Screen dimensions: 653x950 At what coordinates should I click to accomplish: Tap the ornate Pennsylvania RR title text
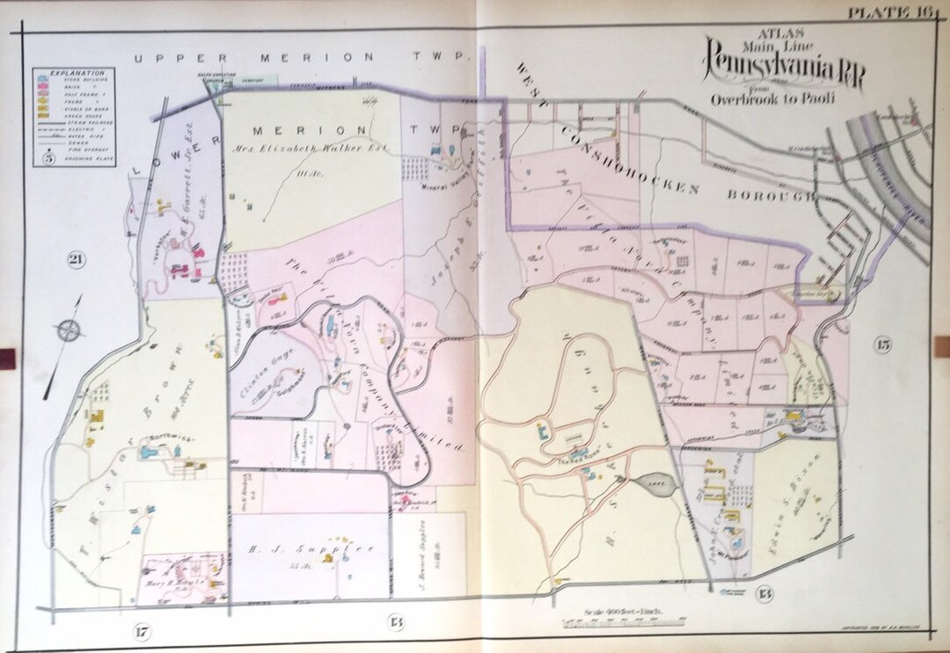[783, 69]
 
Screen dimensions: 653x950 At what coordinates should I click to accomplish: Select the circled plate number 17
[142, 629]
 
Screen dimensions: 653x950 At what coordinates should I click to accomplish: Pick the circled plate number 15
[881, 345]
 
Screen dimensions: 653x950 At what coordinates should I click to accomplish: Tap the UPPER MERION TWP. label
[298, 57]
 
